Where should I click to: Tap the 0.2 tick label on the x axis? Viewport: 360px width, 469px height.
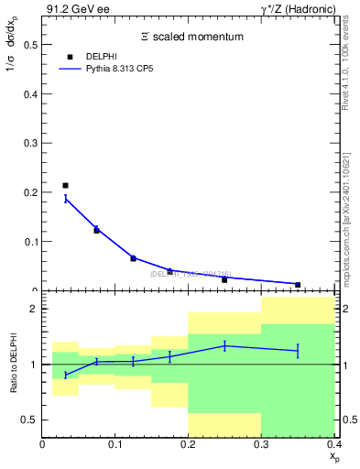point(188,444)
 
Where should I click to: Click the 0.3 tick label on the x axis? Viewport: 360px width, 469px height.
point(261,444)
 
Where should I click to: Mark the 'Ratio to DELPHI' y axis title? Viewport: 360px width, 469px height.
point(12,365)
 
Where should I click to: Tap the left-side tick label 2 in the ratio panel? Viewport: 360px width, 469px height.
point(33,310)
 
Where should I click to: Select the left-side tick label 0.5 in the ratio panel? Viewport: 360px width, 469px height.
point(29,420)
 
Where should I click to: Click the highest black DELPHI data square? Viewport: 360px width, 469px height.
point(65,186)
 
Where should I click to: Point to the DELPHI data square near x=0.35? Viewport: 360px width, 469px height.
point(298,285)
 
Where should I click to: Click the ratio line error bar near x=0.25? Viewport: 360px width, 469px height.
point(224,345)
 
